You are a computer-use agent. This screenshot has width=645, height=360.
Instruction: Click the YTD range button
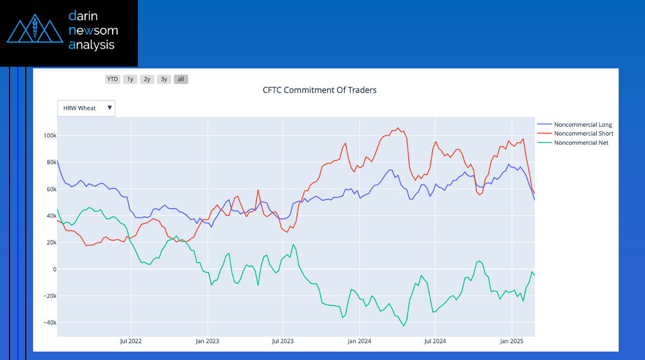(x=113, y=79)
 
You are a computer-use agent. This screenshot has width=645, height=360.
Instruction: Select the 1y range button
(x=130, y=79)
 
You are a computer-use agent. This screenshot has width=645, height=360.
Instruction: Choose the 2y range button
(x=147, y=79)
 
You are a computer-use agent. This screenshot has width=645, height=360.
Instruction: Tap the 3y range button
(x=164, y=79)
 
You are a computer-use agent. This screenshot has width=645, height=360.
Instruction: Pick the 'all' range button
(x=181, y=79)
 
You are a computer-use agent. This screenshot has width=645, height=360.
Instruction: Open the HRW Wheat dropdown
(x=86, y=108)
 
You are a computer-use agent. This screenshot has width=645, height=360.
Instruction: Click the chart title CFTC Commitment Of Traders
(x=319, y=90)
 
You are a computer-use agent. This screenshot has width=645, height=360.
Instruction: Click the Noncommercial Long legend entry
(x=583, y=124)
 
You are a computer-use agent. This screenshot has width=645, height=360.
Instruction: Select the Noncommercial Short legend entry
(x=583, y=133)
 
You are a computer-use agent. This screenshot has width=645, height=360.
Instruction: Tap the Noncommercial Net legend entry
(x=581, y=142)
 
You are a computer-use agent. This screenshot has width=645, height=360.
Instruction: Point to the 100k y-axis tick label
(x=49, y=136)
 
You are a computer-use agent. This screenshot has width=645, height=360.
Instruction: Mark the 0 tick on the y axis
(x=54, y=269)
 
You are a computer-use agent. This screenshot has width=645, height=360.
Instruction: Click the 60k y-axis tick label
(x=50, y=189)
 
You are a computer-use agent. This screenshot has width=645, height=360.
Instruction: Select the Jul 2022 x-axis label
(x=130, y=341)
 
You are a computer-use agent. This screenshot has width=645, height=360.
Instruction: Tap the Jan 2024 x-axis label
(x=359, y=341)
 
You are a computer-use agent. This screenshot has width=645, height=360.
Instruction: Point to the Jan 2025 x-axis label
(x=511, y=341)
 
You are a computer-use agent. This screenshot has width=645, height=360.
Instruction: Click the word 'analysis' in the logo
(x=91, y=45)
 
